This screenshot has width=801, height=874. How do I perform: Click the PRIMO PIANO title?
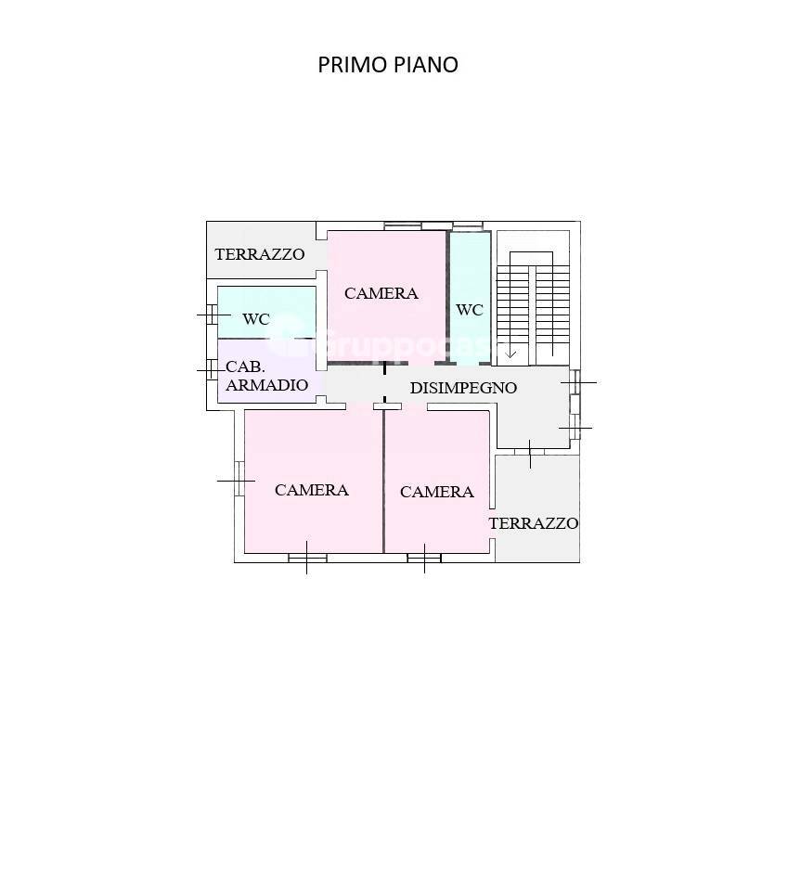tap(388, 65)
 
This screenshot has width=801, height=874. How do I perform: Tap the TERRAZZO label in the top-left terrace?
tap(260, 254)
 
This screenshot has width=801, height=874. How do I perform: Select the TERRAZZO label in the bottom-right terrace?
tap(534, 523)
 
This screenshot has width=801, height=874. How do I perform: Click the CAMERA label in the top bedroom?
tap(381, 293)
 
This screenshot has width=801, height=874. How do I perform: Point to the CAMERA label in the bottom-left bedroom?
tap(312, 490)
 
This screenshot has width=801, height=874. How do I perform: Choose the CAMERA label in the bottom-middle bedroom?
tap(437, 492)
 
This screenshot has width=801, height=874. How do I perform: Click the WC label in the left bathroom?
tap(256, 319)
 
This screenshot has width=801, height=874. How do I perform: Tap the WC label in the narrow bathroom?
tap(470, 310)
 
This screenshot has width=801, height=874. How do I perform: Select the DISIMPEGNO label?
tap(463, 388)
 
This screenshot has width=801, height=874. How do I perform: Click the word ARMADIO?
tap(267, 385)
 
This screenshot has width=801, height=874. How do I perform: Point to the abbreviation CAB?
tap(246, 367)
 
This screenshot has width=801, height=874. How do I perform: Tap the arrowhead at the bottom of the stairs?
tap(510, 353)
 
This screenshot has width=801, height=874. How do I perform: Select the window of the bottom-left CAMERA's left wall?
tap(239, 480)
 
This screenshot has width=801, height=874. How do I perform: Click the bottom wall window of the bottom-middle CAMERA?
tap(424, 558)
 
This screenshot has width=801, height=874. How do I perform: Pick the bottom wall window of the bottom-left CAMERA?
tap(307, 558)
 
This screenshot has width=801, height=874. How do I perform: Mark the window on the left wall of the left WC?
tap(213, 315)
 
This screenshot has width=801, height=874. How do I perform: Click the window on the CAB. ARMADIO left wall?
tap(213, 370)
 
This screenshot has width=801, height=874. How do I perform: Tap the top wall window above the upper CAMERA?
tap(436, 225)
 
